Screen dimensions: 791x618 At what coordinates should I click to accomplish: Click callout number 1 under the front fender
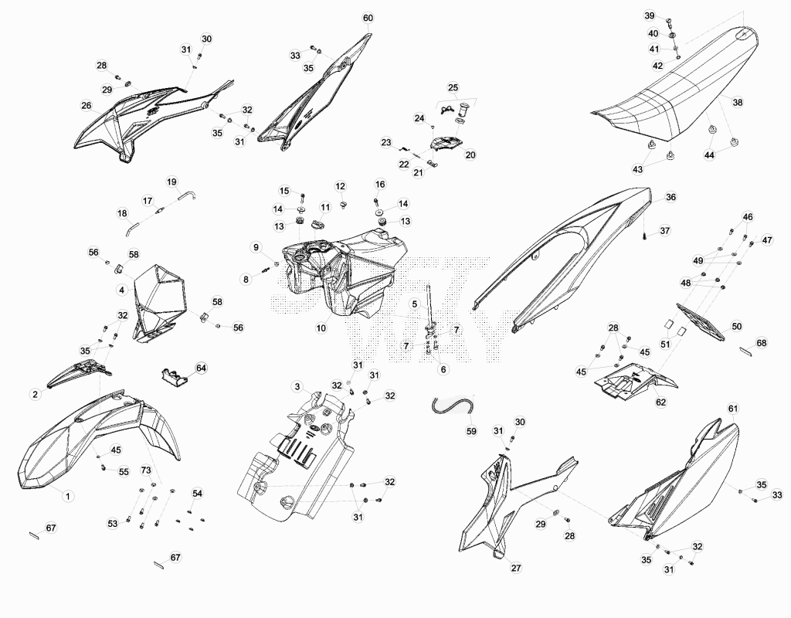point(68,496)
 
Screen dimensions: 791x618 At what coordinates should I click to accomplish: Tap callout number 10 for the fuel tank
point(321,328)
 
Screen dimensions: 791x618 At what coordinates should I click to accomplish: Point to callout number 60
point(368,19)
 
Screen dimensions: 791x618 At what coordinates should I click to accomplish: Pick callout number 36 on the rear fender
point(670,197)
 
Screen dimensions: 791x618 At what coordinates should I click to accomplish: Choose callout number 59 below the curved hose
point(471,431)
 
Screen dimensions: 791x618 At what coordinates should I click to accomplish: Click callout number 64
point(202,368)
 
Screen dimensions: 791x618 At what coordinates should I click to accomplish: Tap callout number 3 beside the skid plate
point(297,387)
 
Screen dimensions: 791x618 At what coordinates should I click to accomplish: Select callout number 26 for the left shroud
point(87,105)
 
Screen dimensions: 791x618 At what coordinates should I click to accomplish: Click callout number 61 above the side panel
point(733,408)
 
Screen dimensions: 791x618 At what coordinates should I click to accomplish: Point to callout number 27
point(516,568)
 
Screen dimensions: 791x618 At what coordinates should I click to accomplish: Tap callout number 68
point(761,343)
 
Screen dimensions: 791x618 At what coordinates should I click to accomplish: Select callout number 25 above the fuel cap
point(453,87)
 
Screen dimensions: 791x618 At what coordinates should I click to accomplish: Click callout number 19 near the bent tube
point(171,182)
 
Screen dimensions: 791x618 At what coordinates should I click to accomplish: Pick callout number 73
point(146,470)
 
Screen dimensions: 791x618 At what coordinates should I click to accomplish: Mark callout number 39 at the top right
point(650,15)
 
